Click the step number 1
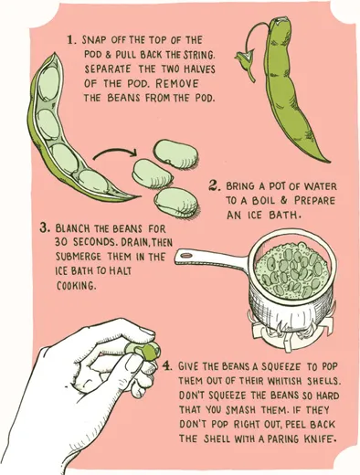pos(71,40)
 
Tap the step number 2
pos(214,185)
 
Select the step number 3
pos(44,227)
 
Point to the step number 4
pos(166,365)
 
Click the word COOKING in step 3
pos(75,286)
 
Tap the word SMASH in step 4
pos(240,410)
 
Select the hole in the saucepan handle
pos(185,255)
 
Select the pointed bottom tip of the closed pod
pos(329,162)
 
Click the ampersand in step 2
pos(283,200)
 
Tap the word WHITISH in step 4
pos(284,381)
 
